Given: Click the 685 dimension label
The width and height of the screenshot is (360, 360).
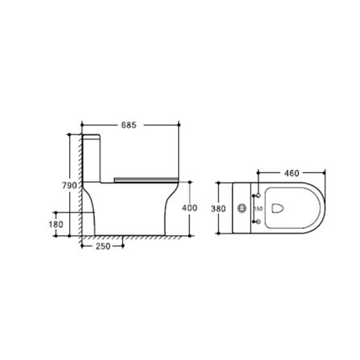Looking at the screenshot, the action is pyautogui.click(x=129, y=125).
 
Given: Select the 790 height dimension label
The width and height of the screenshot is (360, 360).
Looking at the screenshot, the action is pyautogui.click(x=69, y=185).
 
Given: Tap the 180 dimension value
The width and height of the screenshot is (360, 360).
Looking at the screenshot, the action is pyautogui.click(x=56, y=224).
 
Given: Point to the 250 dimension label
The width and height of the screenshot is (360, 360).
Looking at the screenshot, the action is pyautogui.click(x=103, y=246).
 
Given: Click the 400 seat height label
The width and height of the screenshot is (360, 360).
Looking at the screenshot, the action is pyautogui.click(x=189, y=208).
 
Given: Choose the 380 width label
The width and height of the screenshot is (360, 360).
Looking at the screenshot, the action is pyautogui.click(x=218, y=209).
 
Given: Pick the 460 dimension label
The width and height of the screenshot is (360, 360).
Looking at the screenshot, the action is pyautogui.click(x=292, y=173).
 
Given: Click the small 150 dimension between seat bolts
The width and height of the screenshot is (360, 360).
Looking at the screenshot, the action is pyautogui.click(x=259, y=209).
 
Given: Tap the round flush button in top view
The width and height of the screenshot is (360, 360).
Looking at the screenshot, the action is pyautogui.click(x=242, y=208).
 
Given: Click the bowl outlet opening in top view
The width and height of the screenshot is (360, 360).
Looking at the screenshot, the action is pyautogui.click(x=278, y=209).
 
